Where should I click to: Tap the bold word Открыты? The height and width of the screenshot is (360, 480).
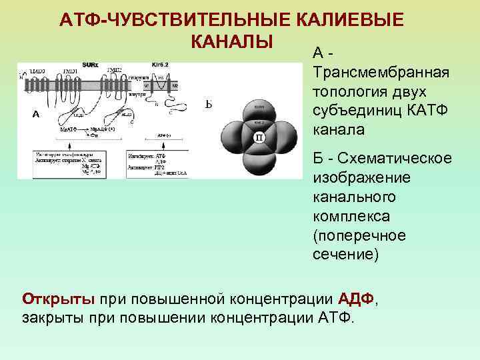59,297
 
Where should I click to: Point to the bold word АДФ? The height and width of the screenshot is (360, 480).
357,297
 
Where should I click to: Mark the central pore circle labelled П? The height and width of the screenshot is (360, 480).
258,137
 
